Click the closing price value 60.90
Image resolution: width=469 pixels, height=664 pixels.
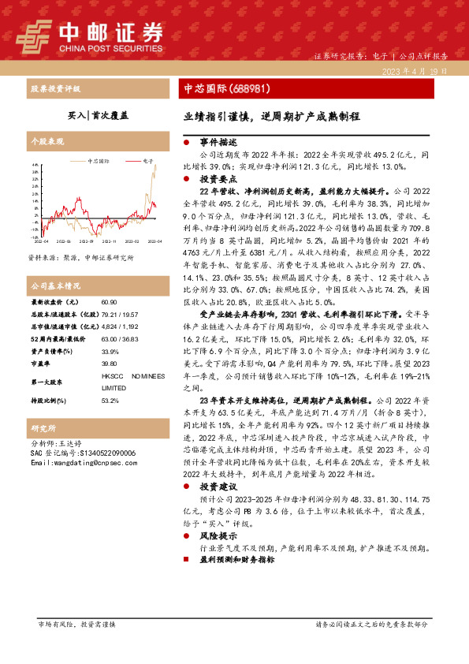pyautogui.click(x=110, y=302)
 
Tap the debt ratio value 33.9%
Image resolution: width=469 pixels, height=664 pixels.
pyautogui.click(x=110, y=352)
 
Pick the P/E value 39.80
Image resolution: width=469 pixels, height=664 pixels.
pyautogui.click(x=110, y=364)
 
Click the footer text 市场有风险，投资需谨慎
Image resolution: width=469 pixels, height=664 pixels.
pyautogui.click(x=76, y=623)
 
